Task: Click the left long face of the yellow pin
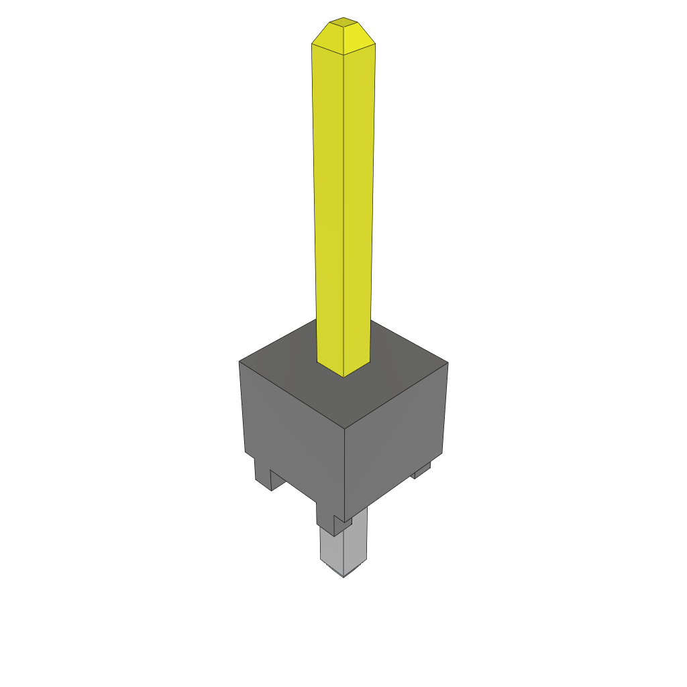click(x=329, y=201)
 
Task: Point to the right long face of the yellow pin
click(x=358, y=201)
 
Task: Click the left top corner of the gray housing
click(x=240, y=362)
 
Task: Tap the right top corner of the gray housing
click(x=447, y=363)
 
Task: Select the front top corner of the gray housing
click(x=344, y=429)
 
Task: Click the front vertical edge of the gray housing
click(x=344, y=470)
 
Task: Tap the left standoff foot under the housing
click(x=264, y=474)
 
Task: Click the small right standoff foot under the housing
click(x=422, y=472)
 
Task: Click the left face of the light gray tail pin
click(x=332, y=550)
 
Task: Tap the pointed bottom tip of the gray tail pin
click(x=343, y=576)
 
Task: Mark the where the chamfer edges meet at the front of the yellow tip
click(x=343, y=54)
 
